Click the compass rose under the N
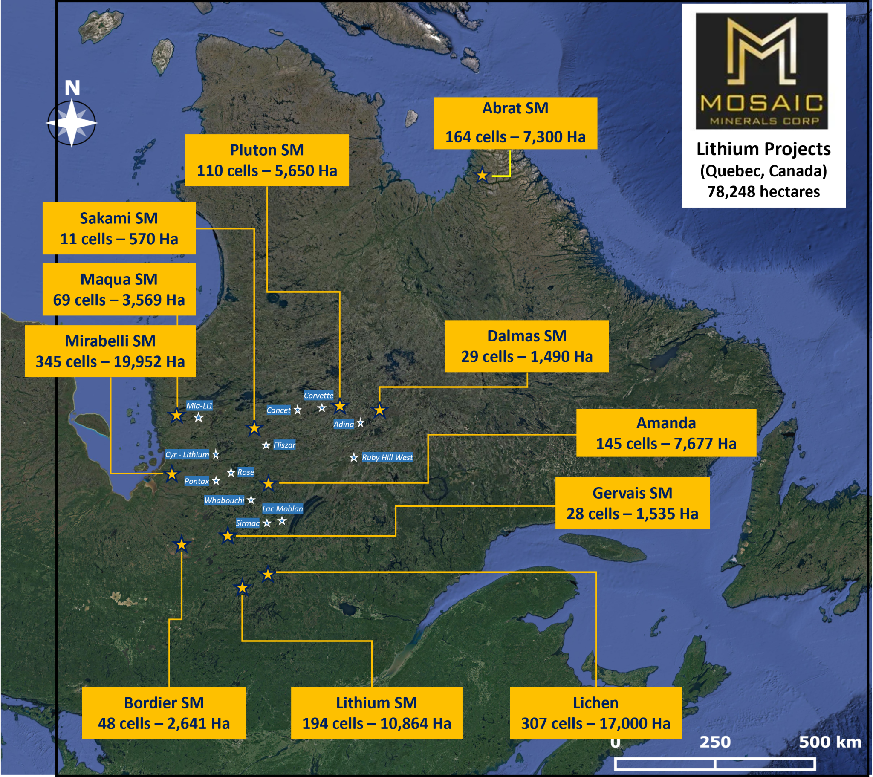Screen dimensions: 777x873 (x=72, y=123)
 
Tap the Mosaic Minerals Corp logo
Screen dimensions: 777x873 (x=761, y=71)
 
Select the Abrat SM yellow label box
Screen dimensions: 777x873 (x=515, y=123)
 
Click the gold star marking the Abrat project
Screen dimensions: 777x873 (x=482, y=175)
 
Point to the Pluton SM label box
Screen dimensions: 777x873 (x=267, y=160)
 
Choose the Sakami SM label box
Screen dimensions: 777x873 (x=119, y=228)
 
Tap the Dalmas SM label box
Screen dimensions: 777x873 (x=526, y=346)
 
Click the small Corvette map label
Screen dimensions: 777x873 (x=318, y=396)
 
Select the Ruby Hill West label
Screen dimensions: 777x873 (x=387, y=457)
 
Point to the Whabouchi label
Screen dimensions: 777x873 (x=224, y=500)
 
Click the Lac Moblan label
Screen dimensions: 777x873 (x=282, y=509)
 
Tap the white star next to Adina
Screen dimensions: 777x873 (x=361, y=423)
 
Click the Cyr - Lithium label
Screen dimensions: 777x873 (x=187, y=454)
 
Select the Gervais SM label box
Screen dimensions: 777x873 (x=632, y=503)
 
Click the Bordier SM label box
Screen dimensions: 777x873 (x=164, y=713)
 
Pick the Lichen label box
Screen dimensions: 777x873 (x=595, y=713)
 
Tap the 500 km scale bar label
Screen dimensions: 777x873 (x=830, y=742)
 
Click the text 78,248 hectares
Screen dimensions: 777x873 (x=763, y=192)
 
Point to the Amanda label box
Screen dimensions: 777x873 (x=666, y=433)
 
